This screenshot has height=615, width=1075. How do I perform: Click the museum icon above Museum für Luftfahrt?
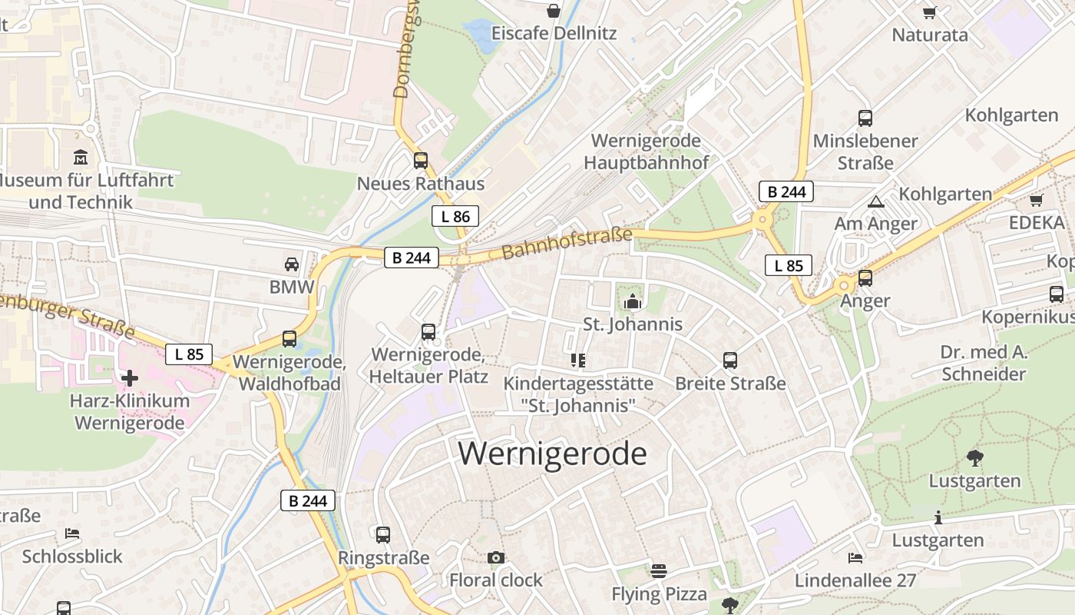(81, 158)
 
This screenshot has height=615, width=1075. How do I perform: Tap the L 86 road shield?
(455, 217)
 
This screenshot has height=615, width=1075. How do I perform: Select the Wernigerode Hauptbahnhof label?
(646, 151)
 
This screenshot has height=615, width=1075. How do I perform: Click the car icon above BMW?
(292, 264)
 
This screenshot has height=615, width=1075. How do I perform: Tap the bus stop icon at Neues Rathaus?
(421, 161)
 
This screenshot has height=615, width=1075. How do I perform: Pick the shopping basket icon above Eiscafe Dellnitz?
(553, 11)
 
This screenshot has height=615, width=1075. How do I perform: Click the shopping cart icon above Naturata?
(930, 12)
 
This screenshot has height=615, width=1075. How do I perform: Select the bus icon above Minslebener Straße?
(865, 118)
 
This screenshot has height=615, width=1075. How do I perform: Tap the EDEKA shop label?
(1037, 223)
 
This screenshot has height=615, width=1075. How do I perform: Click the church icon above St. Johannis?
(633, 301)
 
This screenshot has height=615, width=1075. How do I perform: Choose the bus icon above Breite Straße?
(730, 360)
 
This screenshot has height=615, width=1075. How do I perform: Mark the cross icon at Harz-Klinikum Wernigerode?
(130, 377)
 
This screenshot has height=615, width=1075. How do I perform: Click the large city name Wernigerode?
(552, 454)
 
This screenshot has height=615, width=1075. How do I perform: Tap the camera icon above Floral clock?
(496, 557)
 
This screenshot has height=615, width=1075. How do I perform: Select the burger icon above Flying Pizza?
(659, 571)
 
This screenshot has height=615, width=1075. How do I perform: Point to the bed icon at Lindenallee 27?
(855, 557)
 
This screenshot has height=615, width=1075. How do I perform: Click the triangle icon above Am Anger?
(875, 201)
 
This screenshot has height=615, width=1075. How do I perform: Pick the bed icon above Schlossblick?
(72, 533)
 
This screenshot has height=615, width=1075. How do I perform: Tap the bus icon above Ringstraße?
(383, 534)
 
